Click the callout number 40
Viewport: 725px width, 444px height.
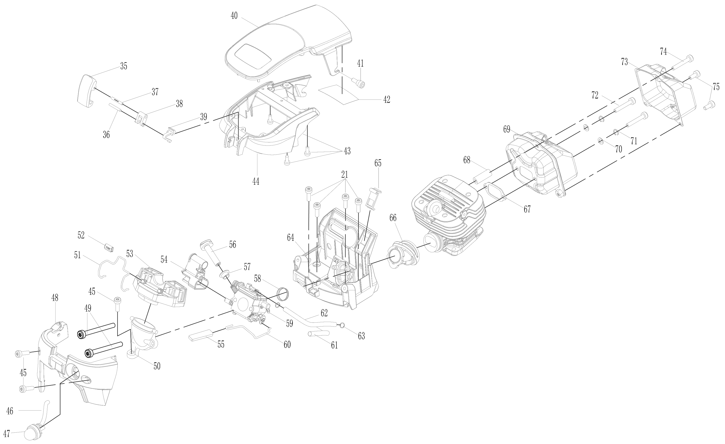tap(234, 16)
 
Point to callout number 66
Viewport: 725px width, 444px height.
tap(393, 218)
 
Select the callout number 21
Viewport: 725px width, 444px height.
tap(345, 175)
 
